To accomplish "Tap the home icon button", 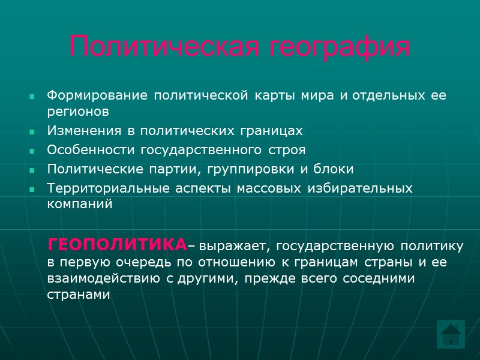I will point(449,334).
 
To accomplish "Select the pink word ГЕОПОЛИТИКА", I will point(117,245).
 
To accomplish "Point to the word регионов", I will point(78,112).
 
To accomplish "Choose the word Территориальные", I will point(110,188).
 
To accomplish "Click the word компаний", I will point(80,204).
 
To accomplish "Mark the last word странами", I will point(79,295).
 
